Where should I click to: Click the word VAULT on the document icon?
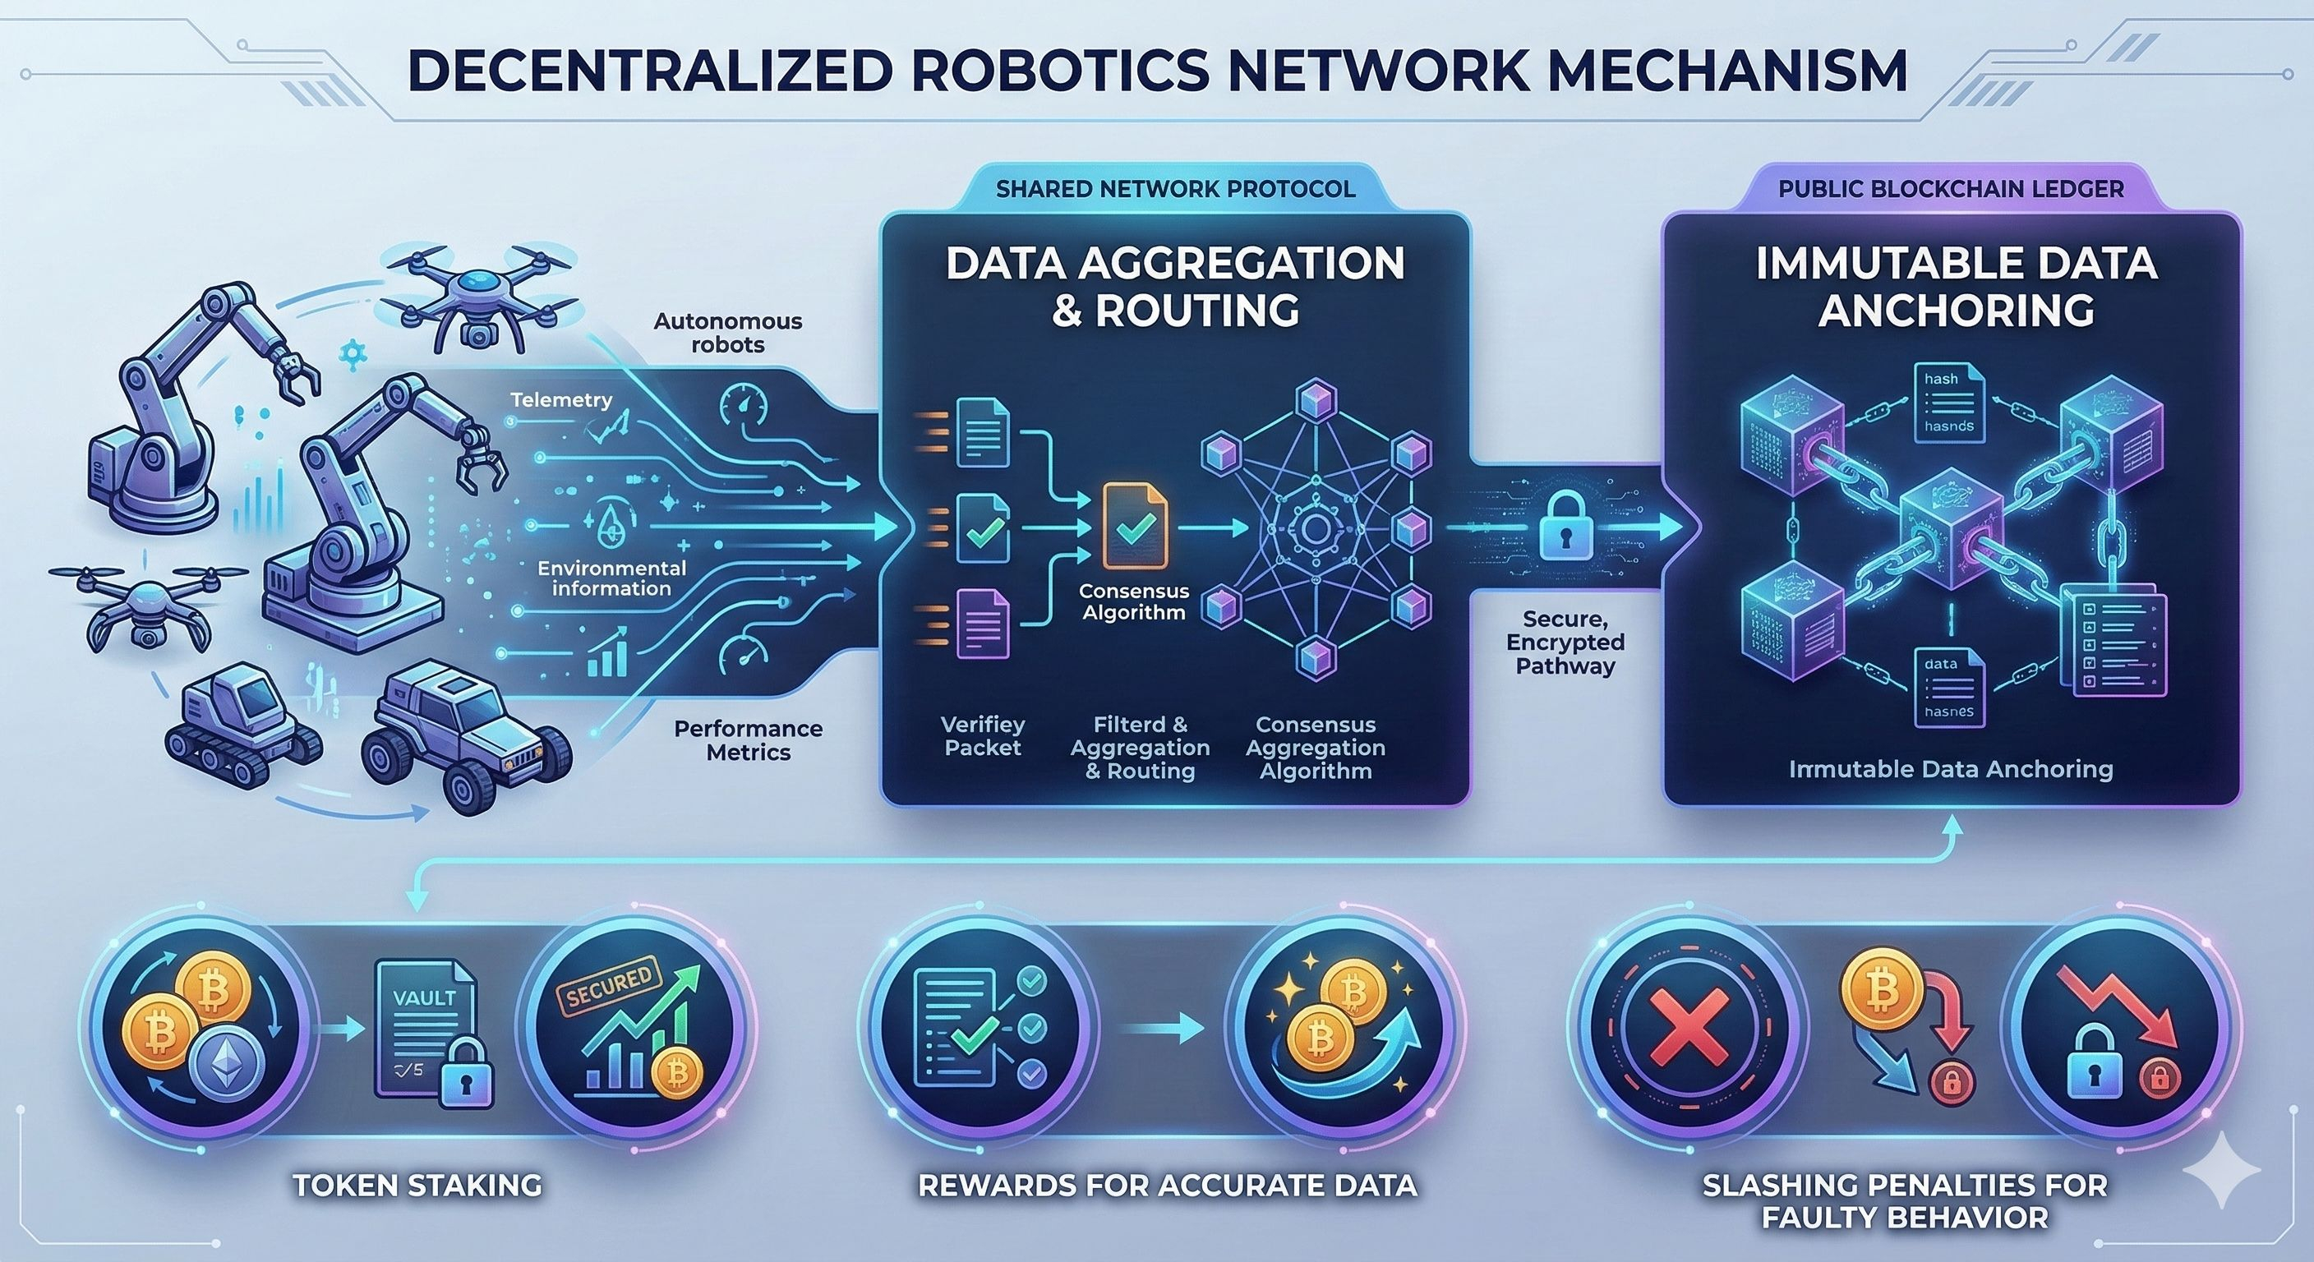tap(424, 997)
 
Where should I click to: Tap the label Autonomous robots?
tap(727, 332)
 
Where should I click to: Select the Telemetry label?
tap(561, 399)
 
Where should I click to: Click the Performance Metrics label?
tap(749, 740)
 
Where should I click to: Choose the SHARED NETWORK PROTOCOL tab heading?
tap(1175, 189)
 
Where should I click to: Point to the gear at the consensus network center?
tap(1314, 528)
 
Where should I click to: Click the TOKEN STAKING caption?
tap(417, 1185)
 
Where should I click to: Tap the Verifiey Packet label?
tap(983, 735)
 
